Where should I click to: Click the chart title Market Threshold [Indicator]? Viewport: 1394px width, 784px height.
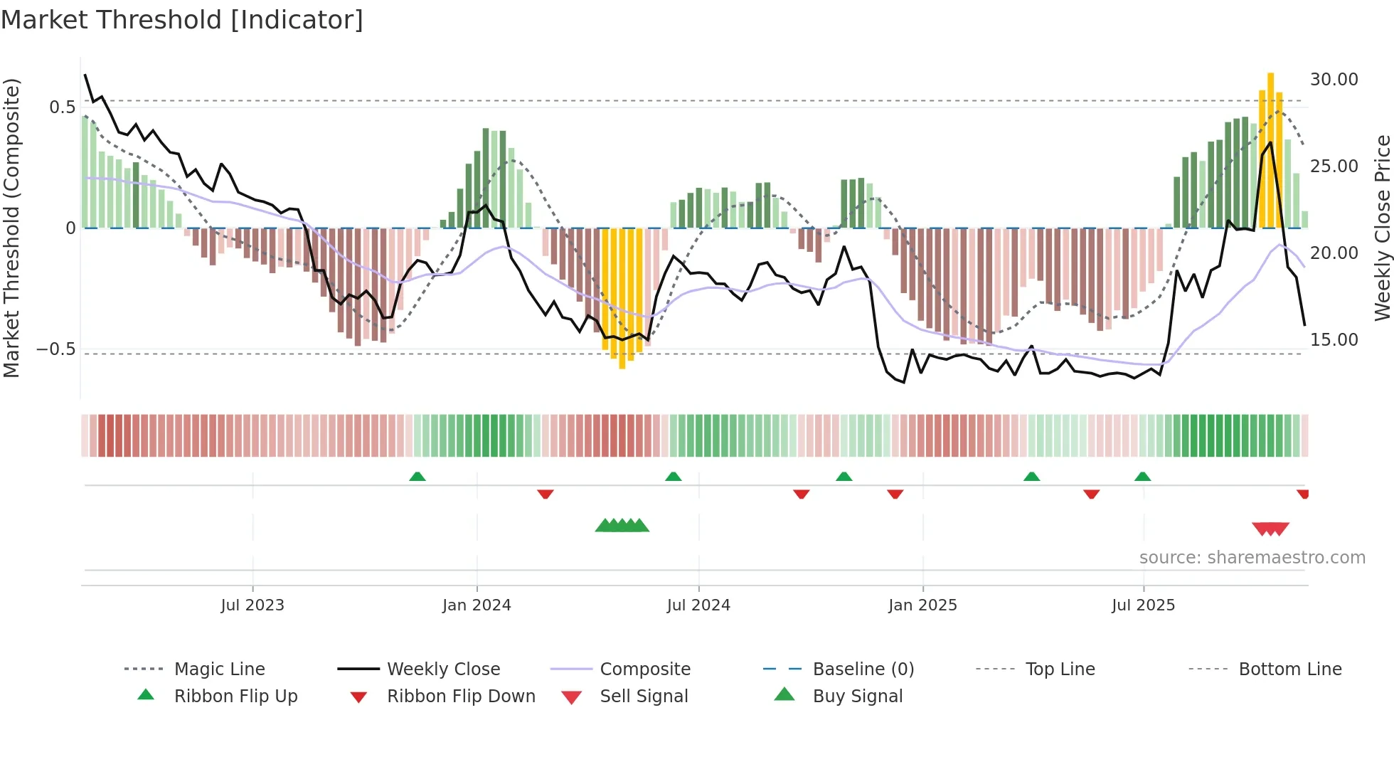(x=182, y=20)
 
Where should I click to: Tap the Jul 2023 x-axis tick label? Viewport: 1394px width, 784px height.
(x=252, y=605)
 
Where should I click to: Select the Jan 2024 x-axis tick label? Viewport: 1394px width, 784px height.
(x=477, y=605)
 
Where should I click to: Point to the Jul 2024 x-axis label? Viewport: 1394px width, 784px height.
(x=698, y=605)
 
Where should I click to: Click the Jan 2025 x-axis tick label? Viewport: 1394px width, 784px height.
(x=922, y=605)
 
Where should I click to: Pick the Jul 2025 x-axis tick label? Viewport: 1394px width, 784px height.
(x=1143, y=605)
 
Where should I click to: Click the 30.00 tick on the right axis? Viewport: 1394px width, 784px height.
(x=1334, y=80)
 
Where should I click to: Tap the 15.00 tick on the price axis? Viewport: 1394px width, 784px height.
(x=1334, y=340)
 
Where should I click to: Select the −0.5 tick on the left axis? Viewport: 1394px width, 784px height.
(x=55, y=349)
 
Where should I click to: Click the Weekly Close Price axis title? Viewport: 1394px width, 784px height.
(x=1382, y=228)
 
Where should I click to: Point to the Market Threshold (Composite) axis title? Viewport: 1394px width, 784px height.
(x=11, y=228)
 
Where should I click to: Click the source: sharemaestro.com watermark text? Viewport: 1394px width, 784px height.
(x=1252, y=558)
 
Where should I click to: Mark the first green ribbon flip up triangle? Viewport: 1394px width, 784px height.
(x=417, y=477)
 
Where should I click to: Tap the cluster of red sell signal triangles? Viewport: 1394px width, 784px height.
(x=1270, y=529)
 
